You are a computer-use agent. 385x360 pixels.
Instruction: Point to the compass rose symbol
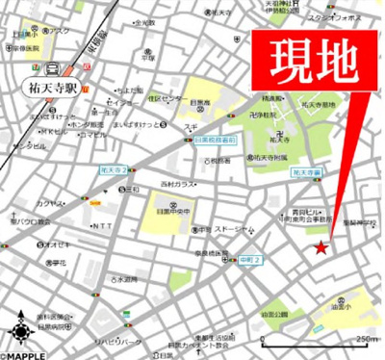click(19, 333)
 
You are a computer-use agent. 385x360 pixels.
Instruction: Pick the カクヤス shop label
click(51, 204)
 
